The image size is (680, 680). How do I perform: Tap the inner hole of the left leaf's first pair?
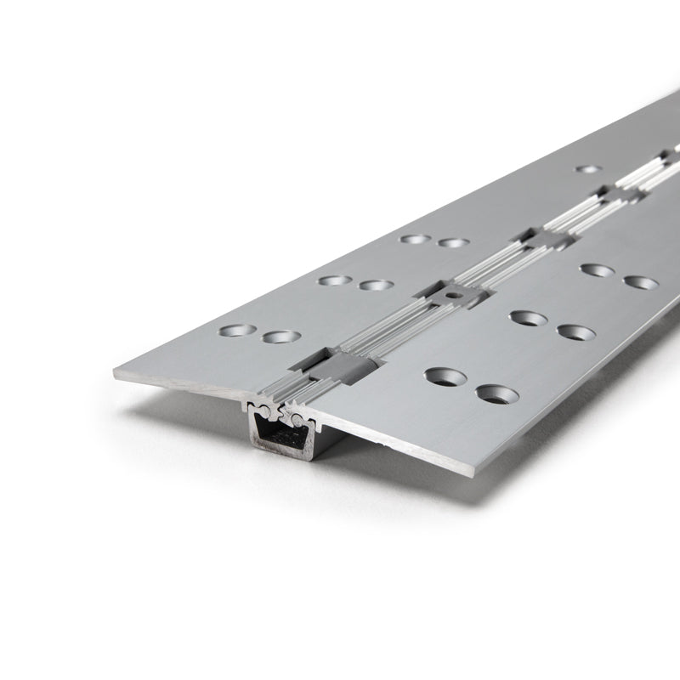click(281, 337)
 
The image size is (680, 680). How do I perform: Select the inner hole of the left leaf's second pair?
click(376, 285)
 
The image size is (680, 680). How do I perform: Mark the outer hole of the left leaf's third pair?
click(416, 239)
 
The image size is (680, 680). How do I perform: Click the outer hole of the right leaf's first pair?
click(498, 394)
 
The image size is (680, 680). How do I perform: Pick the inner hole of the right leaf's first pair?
click(446, 375)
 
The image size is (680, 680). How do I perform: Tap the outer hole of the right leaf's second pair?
click(575, 331)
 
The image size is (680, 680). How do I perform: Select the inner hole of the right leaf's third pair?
click(598, 270)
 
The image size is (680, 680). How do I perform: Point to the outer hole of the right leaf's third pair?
click(641, 282)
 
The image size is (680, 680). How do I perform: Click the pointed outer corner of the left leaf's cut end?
click(116, 372)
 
